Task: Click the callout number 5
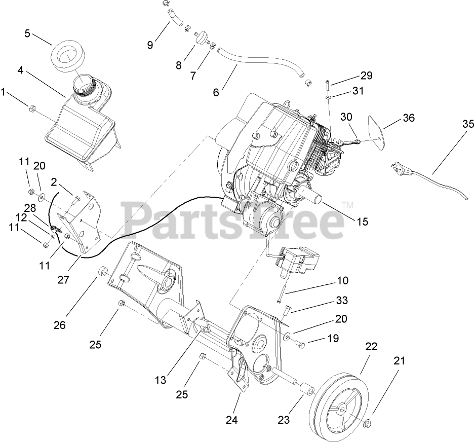[27, 33]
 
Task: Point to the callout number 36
[408, 118]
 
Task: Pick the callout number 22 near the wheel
[372, 347]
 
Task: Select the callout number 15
[362, 222]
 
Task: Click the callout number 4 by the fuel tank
[20, 70]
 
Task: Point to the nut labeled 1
[31, 107]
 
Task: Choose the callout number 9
[150, 45]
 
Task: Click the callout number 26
[60, 325]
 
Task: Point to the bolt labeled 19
[299, 344]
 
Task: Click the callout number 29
[366, 76]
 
